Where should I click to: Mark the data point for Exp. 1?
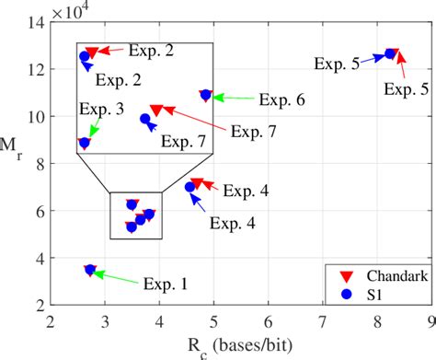[90, 270]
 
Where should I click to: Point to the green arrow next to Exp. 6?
[233, 97]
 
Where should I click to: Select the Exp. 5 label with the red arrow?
[407, 89]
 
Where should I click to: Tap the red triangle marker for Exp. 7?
[156, 110]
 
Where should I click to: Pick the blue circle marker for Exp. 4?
[190, 187]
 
